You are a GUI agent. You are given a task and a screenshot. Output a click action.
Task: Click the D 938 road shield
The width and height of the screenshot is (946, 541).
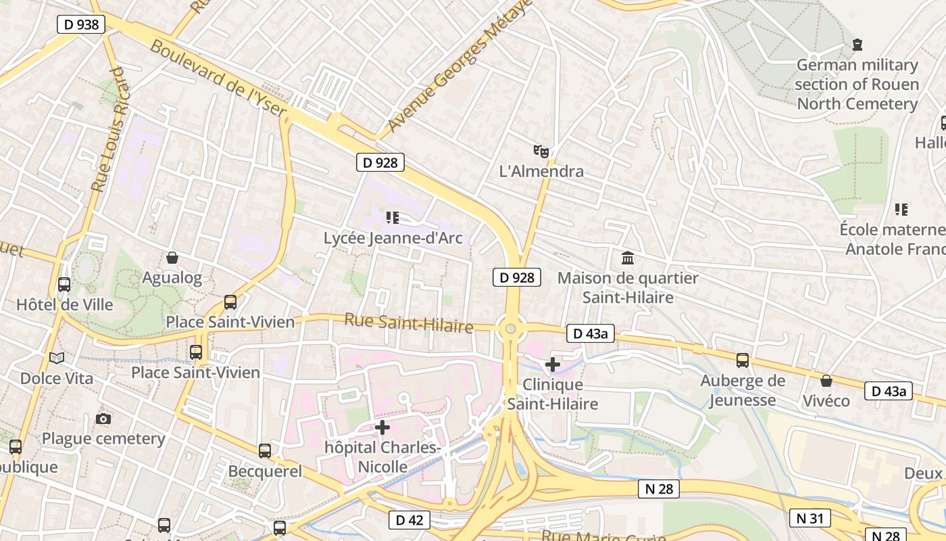81,25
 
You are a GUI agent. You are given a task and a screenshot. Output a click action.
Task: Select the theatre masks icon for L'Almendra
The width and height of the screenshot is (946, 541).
541,151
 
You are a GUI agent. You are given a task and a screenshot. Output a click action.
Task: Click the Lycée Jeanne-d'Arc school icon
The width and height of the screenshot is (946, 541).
393,218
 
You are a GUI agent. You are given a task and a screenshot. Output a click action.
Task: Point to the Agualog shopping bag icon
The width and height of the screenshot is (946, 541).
172,258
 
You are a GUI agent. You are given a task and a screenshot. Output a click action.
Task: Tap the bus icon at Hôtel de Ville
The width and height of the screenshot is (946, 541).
64,285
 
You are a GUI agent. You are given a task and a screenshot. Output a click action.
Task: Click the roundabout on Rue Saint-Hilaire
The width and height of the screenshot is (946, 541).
511,329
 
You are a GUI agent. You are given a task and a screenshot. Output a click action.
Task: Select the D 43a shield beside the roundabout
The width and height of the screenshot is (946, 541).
590,333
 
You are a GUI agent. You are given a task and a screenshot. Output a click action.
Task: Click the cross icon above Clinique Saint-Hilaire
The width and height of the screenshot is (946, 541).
553,364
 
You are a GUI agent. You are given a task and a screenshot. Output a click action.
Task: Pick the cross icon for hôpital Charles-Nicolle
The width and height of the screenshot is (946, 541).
382,427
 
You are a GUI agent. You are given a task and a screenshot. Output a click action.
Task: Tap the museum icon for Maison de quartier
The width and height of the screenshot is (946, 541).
628,258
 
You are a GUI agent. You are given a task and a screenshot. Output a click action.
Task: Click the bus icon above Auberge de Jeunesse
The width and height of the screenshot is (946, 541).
743,360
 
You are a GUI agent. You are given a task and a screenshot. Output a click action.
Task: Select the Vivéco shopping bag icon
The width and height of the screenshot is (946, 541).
826,381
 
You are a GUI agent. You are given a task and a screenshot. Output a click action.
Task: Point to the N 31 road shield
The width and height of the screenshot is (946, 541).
810,519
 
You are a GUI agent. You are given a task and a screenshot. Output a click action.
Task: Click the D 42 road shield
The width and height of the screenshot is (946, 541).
409,520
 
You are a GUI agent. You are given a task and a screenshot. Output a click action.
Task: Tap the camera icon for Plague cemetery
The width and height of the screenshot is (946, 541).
103,419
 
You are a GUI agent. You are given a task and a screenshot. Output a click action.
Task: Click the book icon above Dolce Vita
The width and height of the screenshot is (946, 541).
57,358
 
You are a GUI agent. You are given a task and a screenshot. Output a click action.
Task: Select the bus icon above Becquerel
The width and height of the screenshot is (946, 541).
265,451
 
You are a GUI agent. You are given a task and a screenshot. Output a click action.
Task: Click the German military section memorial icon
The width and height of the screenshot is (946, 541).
857,45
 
